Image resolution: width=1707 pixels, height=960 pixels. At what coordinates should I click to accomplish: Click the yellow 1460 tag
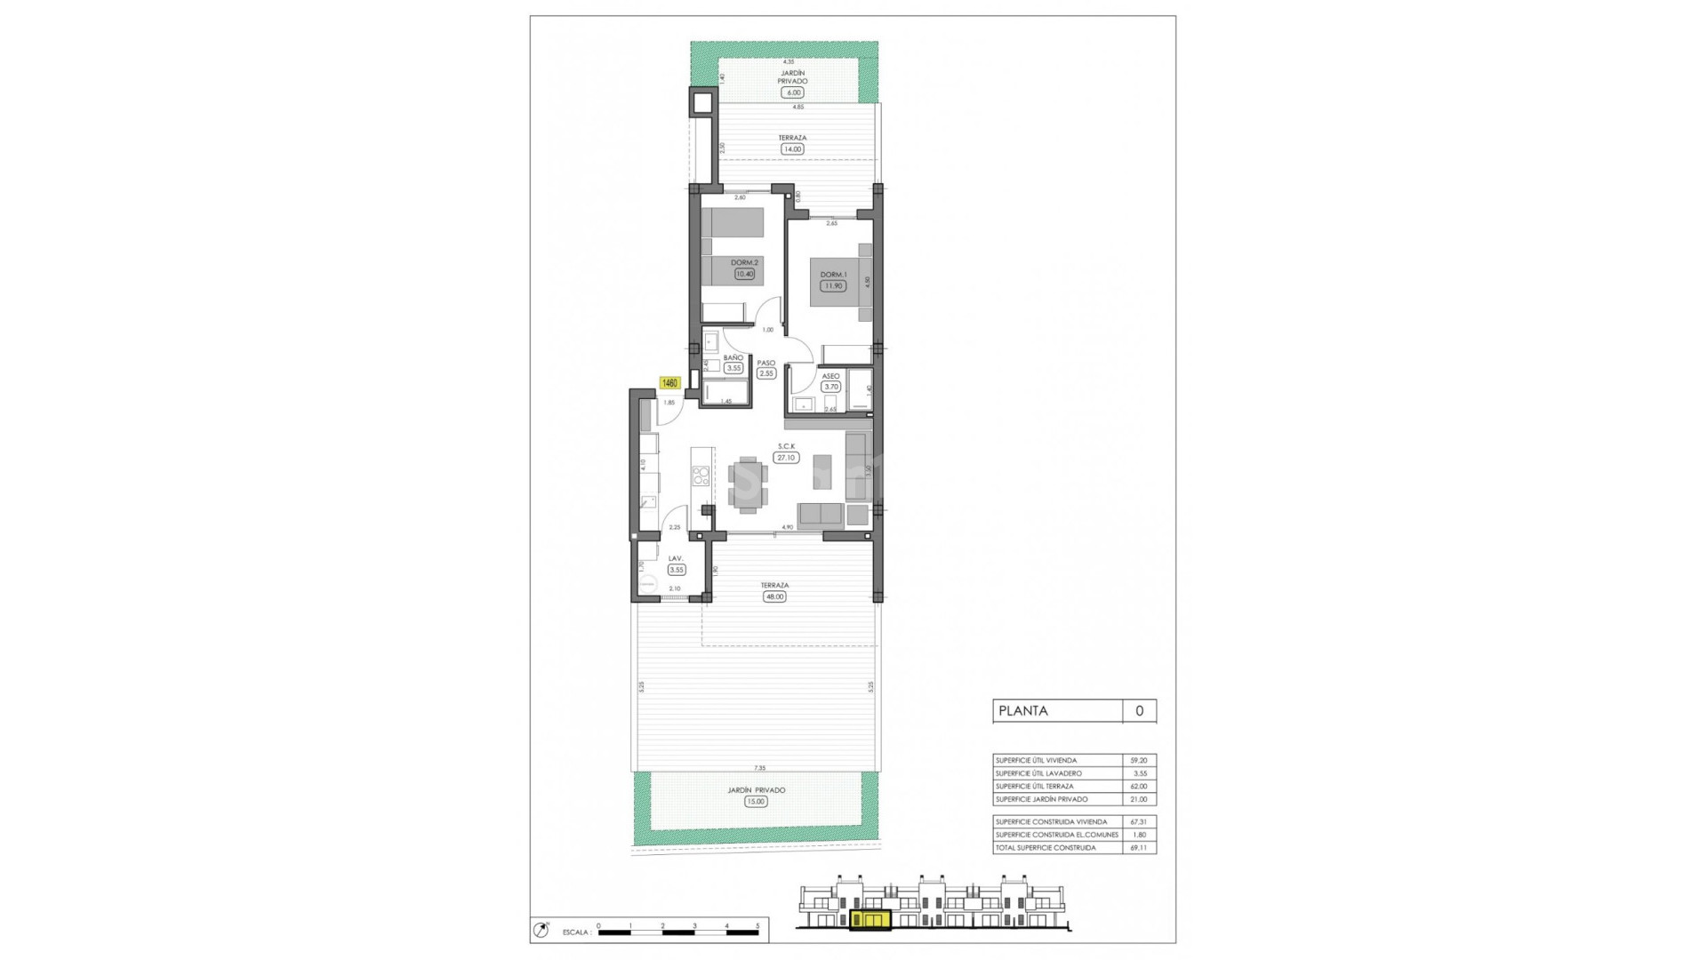pyautogui.click(x=669, y=383)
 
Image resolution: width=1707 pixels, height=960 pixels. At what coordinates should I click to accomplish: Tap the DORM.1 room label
pyautogui.click(x=833, y=275)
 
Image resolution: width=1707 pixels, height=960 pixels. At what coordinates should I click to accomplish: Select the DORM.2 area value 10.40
pyautogui.click(x=744, y=274)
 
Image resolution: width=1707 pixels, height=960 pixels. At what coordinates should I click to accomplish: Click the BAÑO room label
pyautogui.click(x=733, y=357)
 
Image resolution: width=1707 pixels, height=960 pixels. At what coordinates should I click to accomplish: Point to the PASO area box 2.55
pyautogui.click(x=766, y=373)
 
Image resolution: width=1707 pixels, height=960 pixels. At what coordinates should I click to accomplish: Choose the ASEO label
pyautogui.click(x=830, y=376)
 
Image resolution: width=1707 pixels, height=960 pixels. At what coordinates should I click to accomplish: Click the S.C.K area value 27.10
pyautogui.click(x=786, y=458)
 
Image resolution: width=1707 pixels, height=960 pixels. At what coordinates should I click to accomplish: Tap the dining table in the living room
pyautogui.click(x=748, y=485)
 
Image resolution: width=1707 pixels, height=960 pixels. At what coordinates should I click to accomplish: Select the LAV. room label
pyautogui.click(x=676, y=559)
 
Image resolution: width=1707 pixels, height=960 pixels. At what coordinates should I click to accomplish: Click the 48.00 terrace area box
pyautogui.click(x=774, y=596)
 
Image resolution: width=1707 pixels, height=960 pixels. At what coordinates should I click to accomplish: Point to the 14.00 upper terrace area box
pyautogui.click(x=792, y=149)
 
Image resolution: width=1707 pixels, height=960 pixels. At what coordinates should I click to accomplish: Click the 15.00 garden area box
pyautogui.click(x=756, y=801)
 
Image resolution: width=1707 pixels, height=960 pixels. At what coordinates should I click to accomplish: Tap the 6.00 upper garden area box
pyautogui.click(x=792, y=92)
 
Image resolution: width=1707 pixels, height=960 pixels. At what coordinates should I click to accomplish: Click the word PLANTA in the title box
pyautogui.click(x=1023, y=710)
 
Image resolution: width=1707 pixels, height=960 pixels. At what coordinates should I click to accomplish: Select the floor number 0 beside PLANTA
pyautogui.click(x=1139, y=710)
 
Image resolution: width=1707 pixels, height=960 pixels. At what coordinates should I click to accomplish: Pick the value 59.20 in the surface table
pyautogui.click(x=1138, y=761)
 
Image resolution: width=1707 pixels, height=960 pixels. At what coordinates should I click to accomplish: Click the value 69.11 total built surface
pyautogui.click(x=1138, y=848)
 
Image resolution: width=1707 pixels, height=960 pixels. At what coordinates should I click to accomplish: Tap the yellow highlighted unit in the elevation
pyautogui.click(x=870, y=920)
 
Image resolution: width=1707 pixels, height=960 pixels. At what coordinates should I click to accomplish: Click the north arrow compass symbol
pyautogui.click(x=540, y=931)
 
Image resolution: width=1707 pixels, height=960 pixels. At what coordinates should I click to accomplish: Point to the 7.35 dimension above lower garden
pyautogui.click(x=759, y=767)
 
